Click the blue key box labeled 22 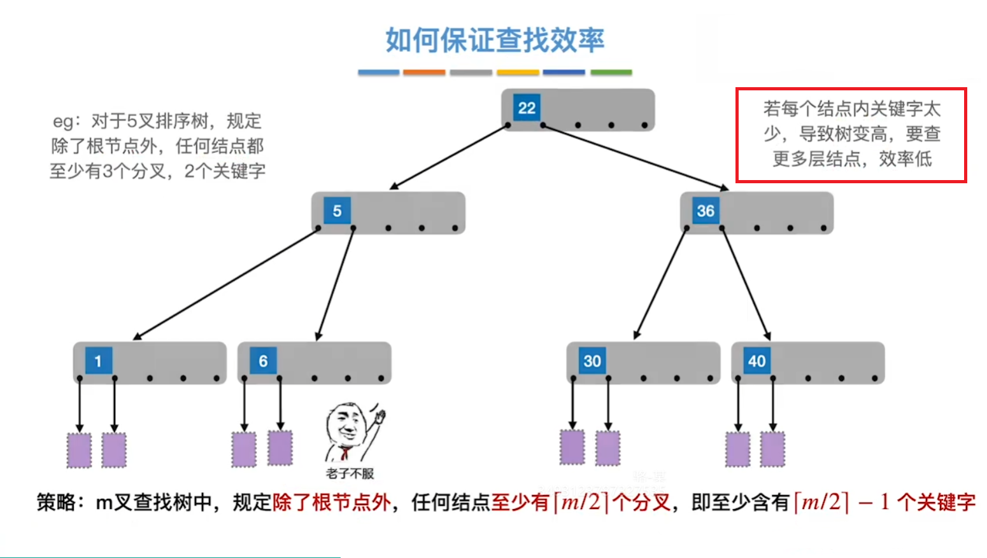[x=527, y=108]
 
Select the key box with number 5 [x=337, y=211]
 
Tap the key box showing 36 [x=705, y=211]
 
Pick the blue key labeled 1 [x=98, y=361]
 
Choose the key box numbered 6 [x=263, y=361]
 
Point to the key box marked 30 [x=592, y=361]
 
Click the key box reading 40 [x=756, y=361]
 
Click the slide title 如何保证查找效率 [x=495, y=40]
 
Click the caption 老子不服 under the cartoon [x=350, y=473]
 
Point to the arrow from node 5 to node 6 [x=335, y=284]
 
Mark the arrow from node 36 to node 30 [x=661, y=282]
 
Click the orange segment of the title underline [x=424, y=73]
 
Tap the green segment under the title [x=611, y=73]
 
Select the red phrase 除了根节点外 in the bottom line [x=331, y=502]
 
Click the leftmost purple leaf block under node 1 [x=80, y=450]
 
